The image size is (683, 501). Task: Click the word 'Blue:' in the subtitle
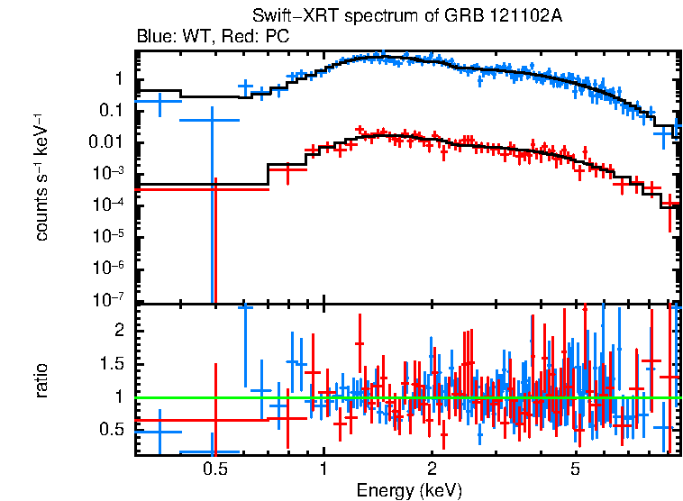point(156,37)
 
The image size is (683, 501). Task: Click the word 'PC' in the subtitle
point(278,37)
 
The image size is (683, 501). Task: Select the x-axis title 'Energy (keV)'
point(409,490)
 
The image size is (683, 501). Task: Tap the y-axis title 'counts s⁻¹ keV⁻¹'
point(41,177)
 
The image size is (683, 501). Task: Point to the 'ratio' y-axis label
point(41,380)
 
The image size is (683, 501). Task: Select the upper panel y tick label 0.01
point(105,142)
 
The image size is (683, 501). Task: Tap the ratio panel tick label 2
point(116,330)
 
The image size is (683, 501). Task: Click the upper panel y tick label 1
point(116,79)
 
